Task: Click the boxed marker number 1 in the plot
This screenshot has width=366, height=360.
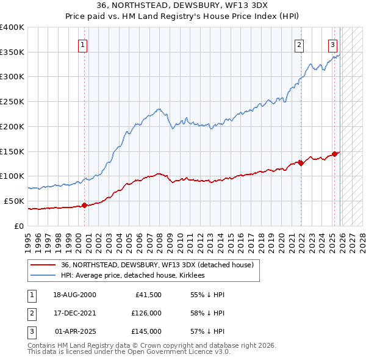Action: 82,44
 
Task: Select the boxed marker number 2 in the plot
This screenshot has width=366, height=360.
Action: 300,44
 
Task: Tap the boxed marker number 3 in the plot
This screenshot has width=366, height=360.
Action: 332,44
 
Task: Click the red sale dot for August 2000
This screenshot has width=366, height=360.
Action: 84,205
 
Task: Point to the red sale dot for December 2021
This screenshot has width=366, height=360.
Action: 301,162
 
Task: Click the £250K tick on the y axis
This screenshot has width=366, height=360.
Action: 12,101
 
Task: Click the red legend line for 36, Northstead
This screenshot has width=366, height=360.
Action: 43,265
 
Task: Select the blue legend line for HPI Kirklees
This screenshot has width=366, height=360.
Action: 43,276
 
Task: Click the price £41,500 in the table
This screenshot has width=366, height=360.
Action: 146,295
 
